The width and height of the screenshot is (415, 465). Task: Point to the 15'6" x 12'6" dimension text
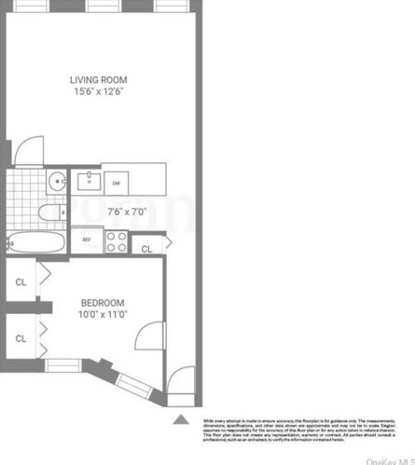(100, 92)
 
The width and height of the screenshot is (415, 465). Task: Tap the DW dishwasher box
(116, 184)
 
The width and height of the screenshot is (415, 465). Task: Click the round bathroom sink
(56, 181)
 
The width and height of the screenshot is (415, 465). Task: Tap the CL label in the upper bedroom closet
(21, 280)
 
